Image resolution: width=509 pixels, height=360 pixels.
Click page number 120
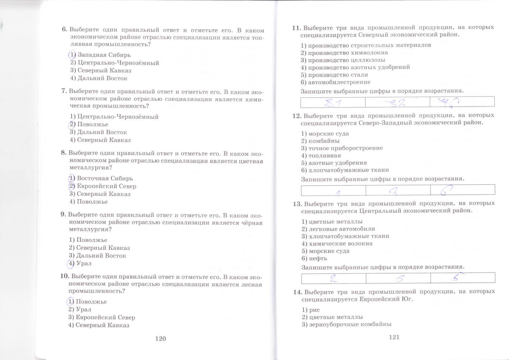[160, 338]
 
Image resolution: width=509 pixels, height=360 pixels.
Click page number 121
[394, 337]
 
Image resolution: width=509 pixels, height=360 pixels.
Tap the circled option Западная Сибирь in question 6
[100, 55]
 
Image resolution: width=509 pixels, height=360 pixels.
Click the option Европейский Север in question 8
[103, 186]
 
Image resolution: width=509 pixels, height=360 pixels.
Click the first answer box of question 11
[333, 102]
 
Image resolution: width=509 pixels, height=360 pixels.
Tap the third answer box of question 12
[463, 190]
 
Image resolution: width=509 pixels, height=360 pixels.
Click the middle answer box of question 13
[398, 278]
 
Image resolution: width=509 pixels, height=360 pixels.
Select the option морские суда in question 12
[325, 134]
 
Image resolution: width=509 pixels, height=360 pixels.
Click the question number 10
[64, 276]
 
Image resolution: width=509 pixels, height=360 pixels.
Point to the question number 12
[297, 116]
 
